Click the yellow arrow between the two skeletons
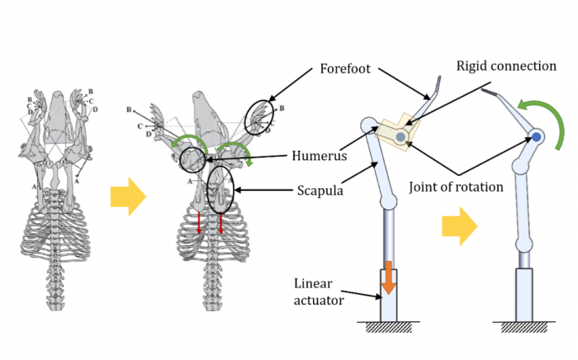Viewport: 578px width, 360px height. tap(127, 197)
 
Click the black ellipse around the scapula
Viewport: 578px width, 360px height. tap(221, 187)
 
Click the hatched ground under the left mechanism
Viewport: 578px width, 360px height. tap(387, 329)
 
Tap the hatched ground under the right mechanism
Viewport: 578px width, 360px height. tap(525, 329)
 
